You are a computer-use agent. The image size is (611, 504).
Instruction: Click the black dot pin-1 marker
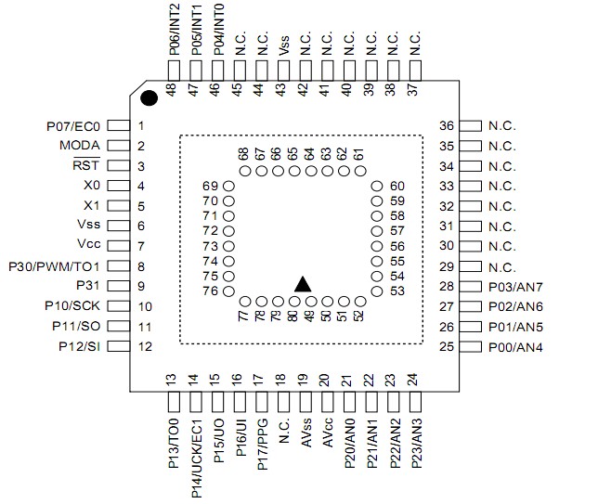click(x=148, y=97)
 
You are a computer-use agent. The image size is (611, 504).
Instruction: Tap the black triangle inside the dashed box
click(x=302, y=284)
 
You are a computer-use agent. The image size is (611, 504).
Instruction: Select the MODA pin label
click(x=81, y=146)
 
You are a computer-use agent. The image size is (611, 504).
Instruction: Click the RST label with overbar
click(x=88, y=166)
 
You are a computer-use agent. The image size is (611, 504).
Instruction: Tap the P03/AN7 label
click(x=517, y=287)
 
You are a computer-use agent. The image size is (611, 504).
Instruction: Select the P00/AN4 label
click(x=517, y=347)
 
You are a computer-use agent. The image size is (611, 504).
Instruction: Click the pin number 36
click(x=447, y=125)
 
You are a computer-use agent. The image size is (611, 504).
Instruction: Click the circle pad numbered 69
click(x=228, y=187)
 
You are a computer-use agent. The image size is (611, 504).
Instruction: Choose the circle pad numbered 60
click(x=377, y=187)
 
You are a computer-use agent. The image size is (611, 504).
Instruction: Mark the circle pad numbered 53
click(x=377, y=292)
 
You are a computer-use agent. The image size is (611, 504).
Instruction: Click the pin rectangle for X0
click(x=117, y=186)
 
